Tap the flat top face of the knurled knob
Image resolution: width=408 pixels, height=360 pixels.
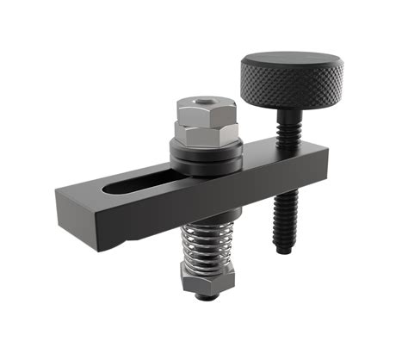(292, 61)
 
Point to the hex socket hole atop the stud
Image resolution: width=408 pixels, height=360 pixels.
(202, 101)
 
